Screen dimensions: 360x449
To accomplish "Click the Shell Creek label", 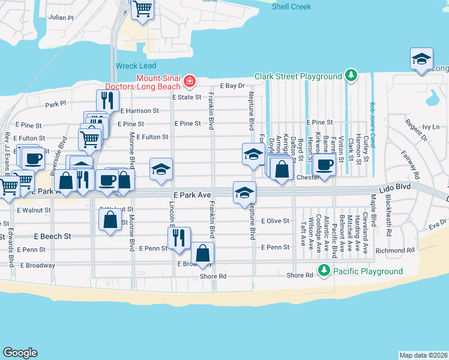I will (x=291, y=6).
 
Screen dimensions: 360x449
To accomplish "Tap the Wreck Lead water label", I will (x=136, y=65).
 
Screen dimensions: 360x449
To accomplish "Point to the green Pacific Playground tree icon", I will (x=324, y=271).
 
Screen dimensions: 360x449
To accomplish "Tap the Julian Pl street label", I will (x=61, y=19).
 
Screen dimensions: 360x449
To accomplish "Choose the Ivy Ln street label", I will (x=430, y=127).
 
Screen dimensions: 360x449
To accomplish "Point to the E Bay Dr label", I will (x=233, y=86).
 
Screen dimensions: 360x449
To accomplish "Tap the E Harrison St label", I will (x=139, y=110).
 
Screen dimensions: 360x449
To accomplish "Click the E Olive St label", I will (x=276, y=221).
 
